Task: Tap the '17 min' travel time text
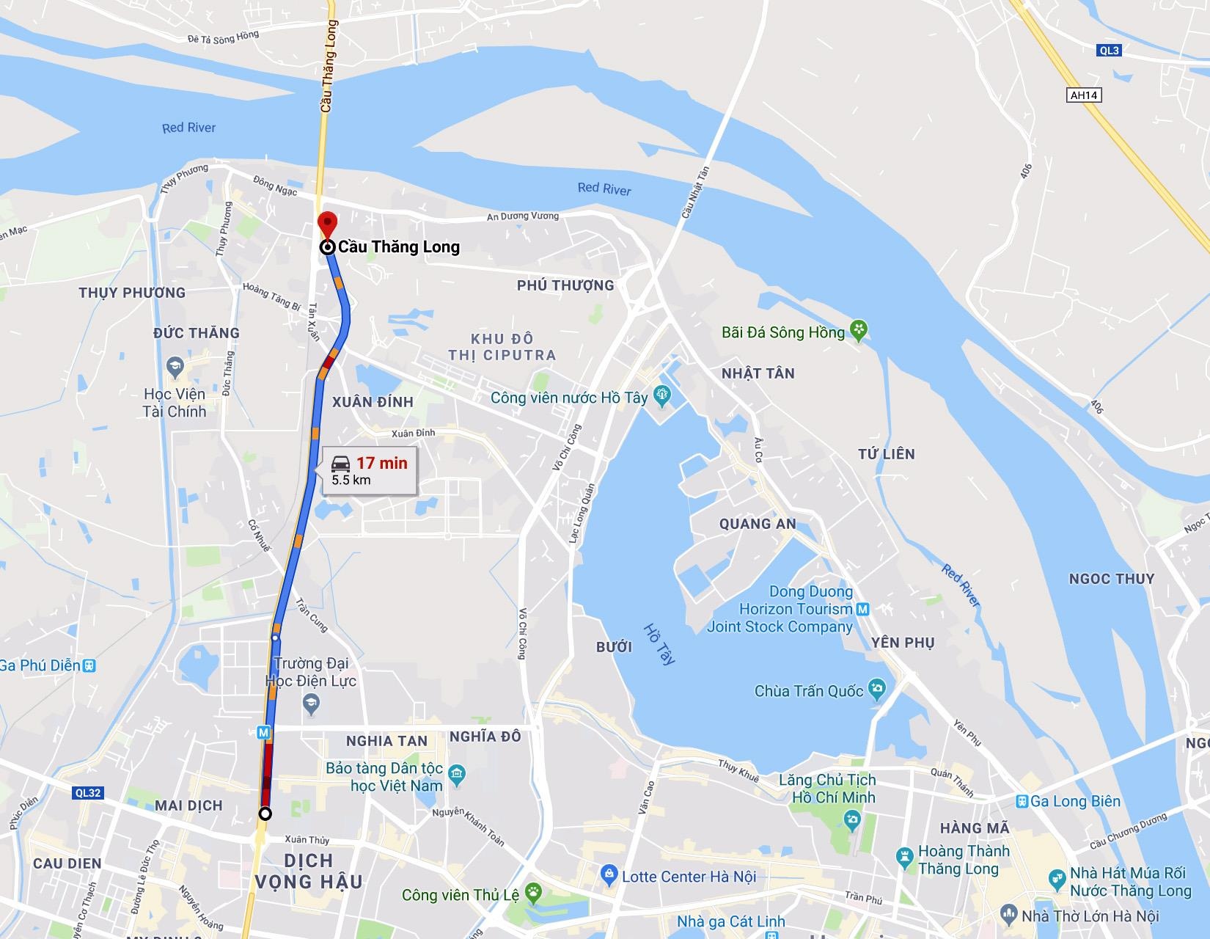coord(381,463)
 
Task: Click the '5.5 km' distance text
coord(351,481)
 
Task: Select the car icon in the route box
coord(340,463)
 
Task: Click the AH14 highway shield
coord(1085,95)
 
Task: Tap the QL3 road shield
coord(1110,51)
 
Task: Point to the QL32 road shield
coord(88,792)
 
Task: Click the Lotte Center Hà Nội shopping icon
coord(608,874)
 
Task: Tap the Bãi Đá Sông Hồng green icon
coord(858,330)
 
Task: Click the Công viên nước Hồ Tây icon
coord(662,396)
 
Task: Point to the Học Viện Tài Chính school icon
coord(175,365)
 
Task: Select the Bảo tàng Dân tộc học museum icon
coord(458,772)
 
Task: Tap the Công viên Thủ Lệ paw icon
coord(533,894)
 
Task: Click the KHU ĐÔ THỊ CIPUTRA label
coord(502,347)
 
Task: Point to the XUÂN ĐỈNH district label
coord(373,402)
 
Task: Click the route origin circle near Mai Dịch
coord(265,814)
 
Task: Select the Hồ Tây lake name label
coord(658,644)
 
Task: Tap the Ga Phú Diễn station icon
coord(89,665)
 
